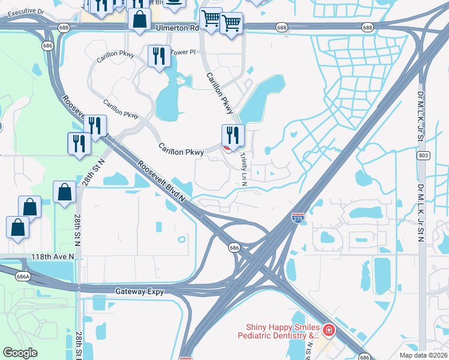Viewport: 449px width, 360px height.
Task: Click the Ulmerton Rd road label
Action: (x=177, y=28)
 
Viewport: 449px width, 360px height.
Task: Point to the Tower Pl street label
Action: (x=184, y=52)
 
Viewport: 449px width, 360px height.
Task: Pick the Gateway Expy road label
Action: (x=139, y=290)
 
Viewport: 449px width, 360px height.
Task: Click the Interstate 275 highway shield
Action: (x=298, y=218)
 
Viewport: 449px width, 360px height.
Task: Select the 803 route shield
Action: (x=423, y=155)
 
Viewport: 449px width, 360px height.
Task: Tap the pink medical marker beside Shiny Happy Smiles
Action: (x=328, y=329)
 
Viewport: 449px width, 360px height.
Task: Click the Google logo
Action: (x=20, y=353)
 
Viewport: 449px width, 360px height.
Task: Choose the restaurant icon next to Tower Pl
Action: (x=159, y=56)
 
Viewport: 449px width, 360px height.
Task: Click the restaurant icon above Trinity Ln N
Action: (x=233, y=135)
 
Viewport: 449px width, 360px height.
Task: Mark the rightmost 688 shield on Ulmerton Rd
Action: (x=368, y=28)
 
